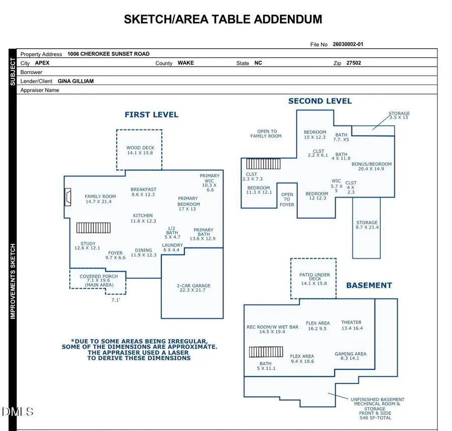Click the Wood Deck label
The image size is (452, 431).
(140, 150)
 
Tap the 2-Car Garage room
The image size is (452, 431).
(193, 288)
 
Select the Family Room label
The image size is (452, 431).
(100, 199)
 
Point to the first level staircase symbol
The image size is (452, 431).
(93, 228)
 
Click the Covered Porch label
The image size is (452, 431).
(99, 280)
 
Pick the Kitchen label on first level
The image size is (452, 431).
(143, 218)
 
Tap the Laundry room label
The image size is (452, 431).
(172, 248)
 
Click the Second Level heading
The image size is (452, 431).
(320, 101)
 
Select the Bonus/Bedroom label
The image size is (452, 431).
(372, 166)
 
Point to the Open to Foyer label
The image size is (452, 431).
(287, 199)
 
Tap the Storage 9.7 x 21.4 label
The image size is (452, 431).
(367, 225)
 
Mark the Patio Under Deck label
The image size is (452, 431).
(315, 277)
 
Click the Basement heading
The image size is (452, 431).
(369, 285)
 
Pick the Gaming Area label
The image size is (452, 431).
(351, 356)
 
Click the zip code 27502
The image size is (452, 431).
(354, 63)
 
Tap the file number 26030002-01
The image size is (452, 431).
(348, 44)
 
